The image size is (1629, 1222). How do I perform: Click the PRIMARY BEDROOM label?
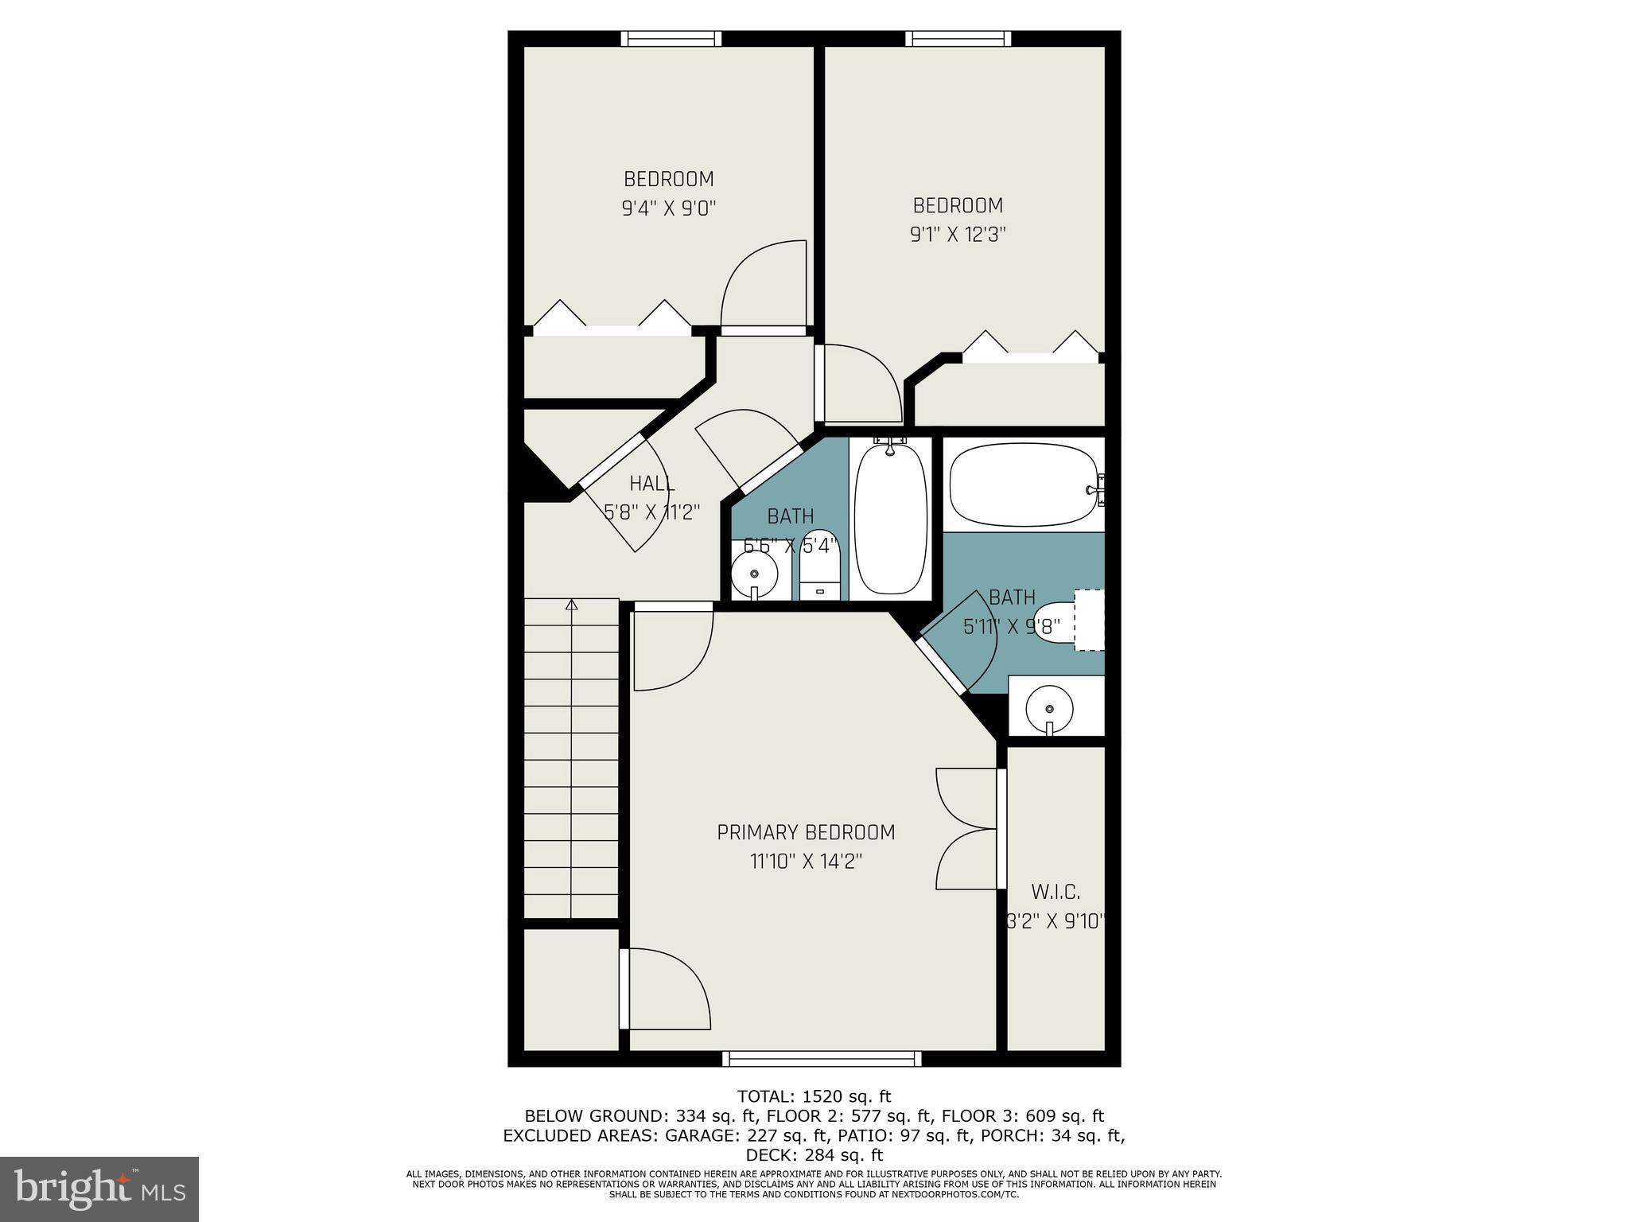tap(806, 832)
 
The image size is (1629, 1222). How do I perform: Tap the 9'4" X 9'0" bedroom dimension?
tap(669, 208)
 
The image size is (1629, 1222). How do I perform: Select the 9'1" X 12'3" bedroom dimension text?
tap(958, 235)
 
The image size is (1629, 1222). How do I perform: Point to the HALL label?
tap(652, 483)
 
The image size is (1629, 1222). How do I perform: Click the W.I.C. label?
tap(1056, 892)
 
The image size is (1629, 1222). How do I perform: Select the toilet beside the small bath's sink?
tap(819, 563)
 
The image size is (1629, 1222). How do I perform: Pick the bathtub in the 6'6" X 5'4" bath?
tap(890, 518)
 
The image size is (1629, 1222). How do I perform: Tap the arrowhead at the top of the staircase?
tap(571, 605)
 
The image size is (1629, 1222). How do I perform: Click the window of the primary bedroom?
tap(822, 1059)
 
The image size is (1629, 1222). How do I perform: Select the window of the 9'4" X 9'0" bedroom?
tap(671, 39)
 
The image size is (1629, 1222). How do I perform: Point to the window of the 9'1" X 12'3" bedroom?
tap(958, 39)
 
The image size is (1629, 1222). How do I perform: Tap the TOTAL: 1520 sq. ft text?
tap(814, 1096)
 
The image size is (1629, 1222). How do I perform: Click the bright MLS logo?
tap(99, 1189)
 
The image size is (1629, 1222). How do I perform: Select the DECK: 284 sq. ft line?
tap(814, 1154)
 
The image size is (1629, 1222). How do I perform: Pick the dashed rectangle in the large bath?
tap(1089, 620)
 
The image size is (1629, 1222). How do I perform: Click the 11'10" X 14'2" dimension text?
tap(806, 862)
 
